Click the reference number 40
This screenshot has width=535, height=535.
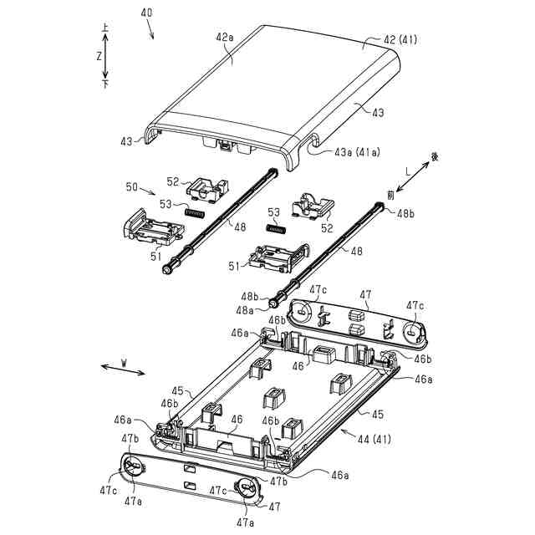point(147,14)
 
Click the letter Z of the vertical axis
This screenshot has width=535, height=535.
point(99,57)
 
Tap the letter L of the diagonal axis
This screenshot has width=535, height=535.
point(407,171)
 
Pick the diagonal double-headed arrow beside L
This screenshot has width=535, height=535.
point(416,177)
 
